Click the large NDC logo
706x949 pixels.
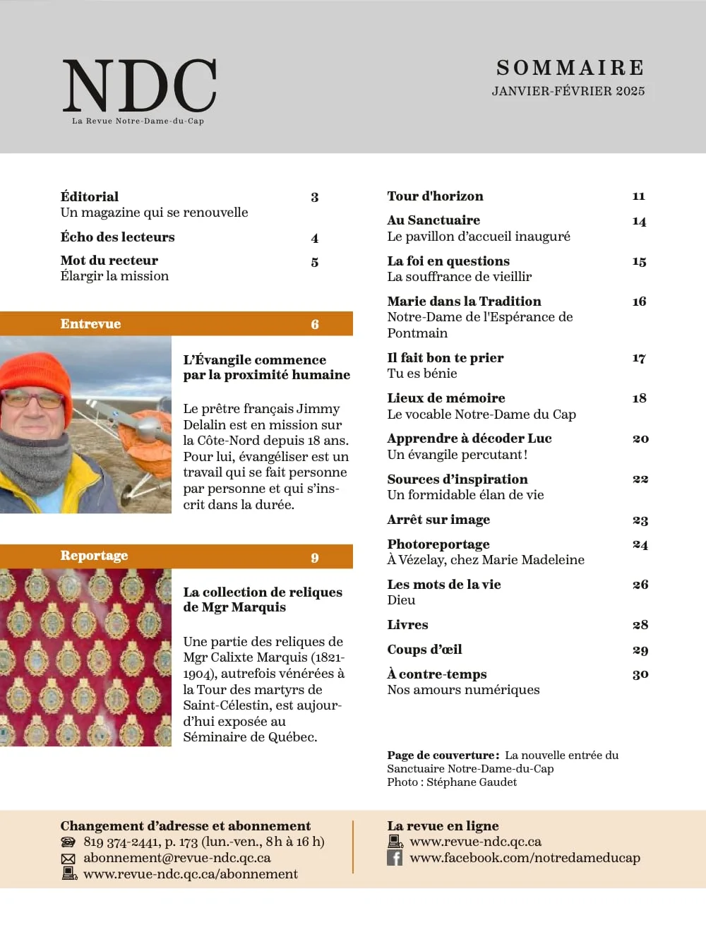pos(139,85)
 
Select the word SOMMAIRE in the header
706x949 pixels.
pos(570,68)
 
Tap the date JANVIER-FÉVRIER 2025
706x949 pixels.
pos(568,91)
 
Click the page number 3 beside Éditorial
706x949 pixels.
pos(315,198)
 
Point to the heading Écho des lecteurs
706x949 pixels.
pos(117,237)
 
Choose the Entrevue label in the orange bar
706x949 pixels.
pos(90,324)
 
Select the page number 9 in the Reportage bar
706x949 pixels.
pos(315,558)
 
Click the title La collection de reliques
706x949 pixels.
pos(263,592)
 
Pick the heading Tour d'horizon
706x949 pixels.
pos(435,196)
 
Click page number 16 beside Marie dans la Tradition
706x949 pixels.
pos(639,302)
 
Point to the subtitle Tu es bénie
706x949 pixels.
pos(421,374)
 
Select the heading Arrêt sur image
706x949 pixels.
pos(438,520)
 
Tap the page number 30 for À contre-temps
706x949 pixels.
pos(640,674)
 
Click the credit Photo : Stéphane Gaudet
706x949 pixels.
pos(451,782)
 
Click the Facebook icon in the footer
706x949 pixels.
pos(395,858)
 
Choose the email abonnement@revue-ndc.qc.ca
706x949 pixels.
pos(176,858)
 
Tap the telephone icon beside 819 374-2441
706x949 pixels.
pos(68,842)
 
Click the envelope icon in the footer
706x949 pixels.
pos(68,859)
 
